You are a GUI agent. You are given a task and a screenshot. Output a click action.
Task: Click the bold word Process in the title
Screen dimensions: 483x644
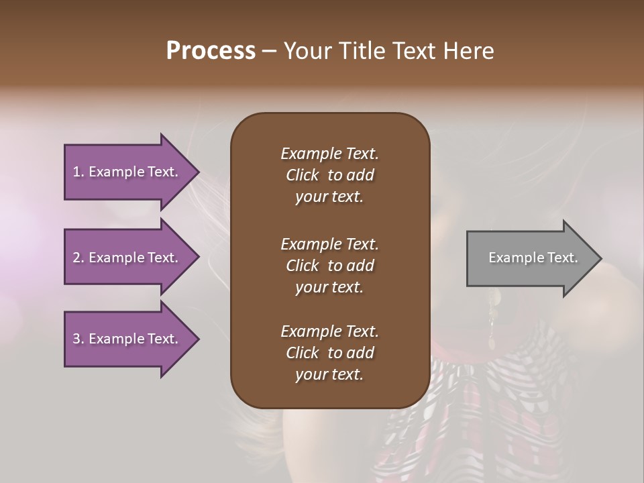click(211, 51)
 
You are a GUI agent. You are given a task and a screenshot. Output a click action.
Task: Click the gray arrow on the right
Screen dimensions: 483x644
click(530, 258)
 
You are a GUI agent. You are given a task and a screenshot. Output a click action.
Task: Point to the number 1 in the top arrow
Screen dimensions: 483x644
click(76, 172)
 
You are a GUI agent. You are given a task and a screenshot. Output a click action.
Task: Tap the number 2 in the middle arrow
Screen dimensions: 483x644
click(76, 258)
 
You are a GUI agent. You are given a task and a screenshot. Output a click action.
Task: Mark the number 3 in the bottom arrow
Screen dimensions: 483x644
click(76, 339)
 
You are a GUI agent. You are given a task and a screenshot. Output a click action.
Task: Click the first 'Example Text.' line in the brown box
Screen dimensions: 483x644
click(329, 154)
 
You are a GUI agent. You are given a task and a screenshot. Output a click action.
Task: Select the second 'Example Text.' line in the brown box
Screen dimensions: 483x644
click(329, 244)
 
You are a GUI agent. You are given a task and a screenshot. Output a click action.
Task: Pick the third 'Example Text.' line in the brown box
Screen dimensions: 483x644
click(329, 331)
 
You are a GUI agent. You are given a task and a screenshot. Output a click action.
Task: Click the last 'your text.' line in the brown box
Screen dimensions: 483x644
click(329, 375)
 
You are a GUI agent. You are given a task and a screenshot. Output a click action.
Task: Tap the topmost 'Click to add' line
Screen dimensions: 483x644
click(329, 175)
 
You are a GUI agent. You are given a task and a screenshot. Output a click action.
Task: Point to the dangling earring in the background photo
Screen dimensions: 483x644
click(491, 322)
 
